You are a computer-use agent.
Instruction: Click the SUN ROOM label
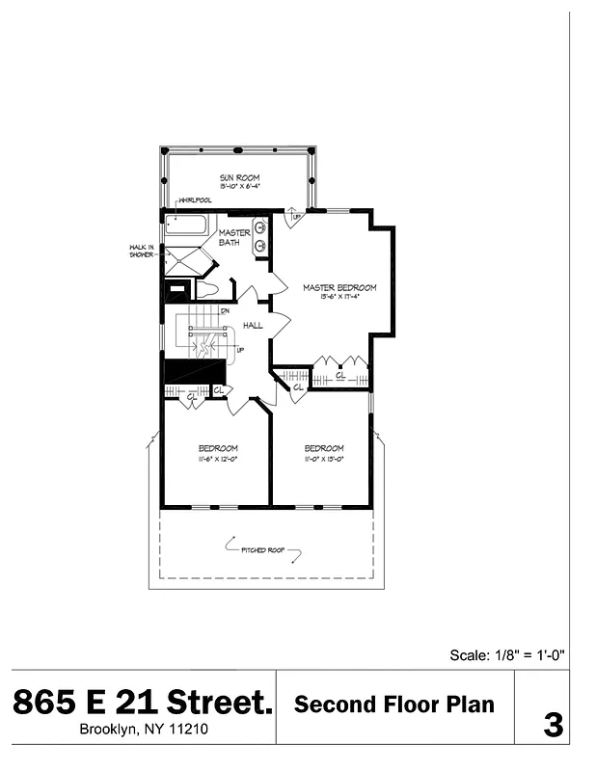(239, 177)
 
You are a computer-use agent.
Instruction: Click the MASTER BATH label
(234, 237)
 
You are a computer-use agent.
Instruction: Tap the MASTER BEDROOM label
(339, 287)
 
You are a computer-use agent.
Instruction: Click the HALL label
(254, 326)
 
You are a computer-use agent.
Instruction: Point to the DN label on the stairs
(225, 311)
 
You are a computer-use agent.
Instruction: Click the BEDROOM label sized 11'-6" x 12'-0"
(218, 448)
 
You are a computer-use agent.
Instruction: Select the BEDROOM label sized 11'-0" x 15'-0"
(324, 448)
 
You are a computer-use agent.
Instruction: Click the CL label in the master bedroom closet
(339, 375)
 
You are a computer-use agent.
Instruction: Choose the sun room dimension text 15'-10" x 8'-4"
(239, 186)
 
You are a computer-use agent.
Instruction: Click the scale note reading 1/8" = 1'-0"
(507, 655)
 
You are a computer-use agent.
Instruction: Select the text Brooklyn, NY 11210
(143, 730)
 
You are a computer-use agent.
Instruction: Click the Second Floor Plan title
(394, 705)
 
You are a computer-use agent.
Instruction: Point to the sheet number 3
(553, 725)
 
